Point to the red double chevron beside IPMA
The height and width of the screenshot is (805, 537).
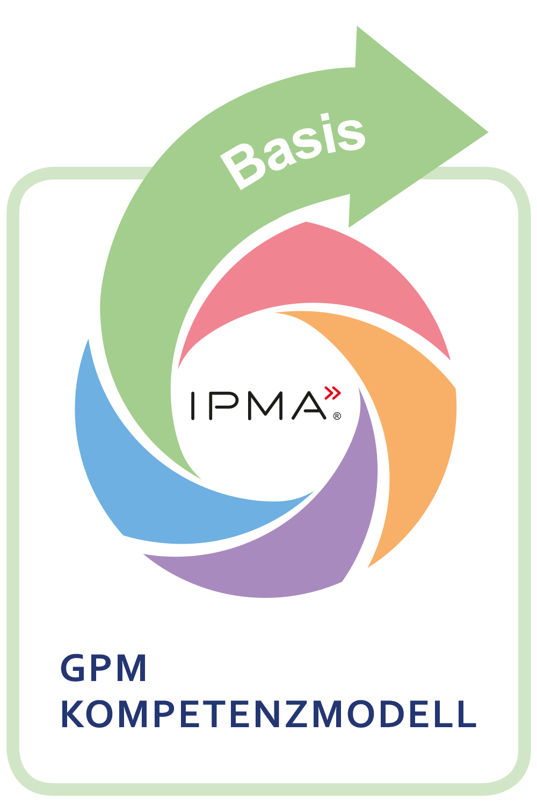coord(333,393)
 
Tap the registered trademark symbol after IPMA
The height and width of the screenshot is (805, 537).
coord(337,416)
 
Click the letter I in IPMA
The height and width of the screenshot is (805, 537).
coord(193,406)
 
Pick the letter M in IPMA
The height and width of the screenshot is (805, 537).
coord(265,406)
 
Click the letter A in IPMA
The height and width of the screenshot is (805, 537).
coord(309,406)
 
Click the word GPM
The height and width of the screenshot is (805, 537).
coord(103,669)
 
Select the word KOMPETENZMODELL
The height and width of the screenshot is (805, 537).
coord(268,714)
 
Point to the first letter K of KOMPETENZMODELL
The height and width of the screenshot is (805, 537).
coord(72,714)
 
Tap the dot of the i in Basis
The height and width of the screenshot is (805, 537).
coord(324,116)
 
